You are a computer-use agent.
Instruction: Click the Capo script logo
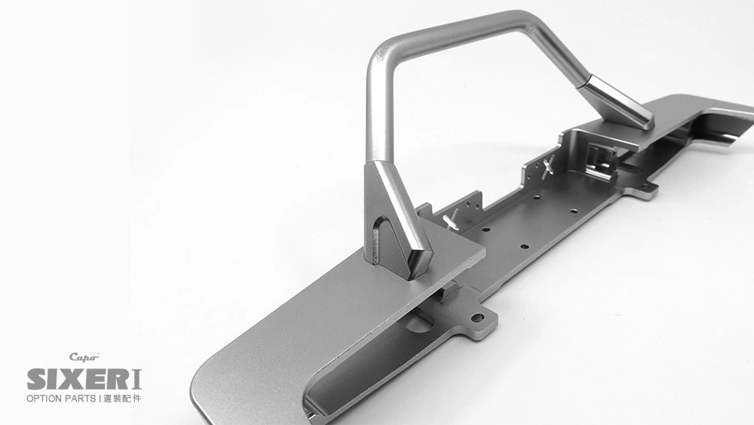coord(84,357)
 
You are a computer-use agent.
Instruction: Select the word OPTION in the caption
coord(45,398)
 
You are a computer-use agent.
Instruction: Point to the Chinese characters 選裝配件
coord(122,398)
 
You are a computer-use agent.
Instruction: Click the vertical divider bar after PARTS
coord(100,398)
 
